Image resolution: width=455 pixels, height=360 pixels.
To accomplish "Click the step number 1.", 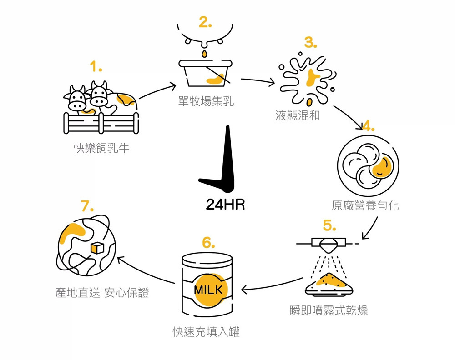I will (96, 68).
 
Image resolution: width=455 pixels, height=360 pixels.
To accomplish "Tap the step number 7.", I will (87, 206).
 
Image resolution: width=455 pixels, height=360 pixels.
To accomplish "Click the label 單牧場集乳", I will (206, 101).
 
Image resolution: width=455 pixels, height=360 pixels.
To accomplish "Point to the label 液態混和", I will (298, 115).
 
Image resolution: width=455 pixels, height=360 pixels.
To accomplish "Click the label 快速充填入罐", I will (206, 332).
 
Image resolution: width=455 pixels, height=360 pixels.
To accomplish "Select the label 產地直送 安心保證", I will (102, 293).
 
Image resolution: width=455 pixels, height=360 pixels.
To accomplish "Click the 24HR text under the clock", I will (225, 205).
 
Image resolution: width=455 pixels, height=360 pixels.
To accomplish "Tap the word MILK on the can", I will (208, 290).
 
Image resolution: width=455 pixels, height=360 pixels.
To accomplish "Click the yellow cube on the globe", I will (97, 248).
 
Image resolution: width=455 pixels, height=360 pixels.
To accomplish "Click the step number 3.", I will (310, 43).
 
